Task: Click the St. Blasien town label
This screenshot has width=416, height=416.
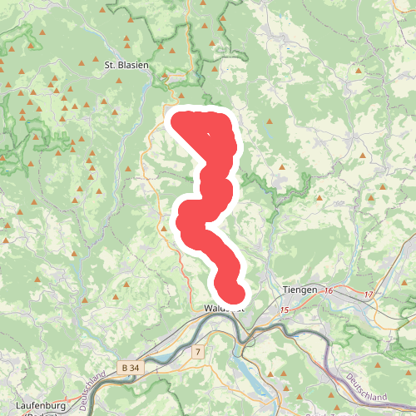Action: (126, 63)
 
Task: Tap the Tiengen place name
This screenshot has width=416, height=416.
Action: (300, 290)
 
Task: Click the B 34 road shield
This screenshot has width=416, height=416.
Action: (130, 367)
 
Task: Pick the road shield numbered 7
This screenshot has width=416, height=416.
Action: (197, 353)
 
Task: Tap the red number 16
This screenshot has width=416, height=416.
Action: (329, 290)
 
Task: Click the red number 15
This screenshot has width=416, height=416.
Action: (284, 310)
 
